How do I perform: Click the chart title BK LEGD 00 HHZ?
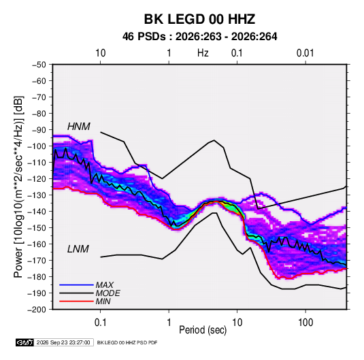coord(199,19)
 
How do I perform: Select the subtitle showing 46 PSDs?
coord(199,37)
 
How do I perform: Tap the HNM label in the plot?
coord(79,127)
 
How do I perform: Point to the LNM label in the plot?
coord(78,249)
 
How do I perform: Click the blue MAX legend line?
coord(76,285)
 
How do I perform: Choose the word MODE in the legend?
coord(107,293)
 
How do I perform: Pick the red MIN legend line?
coord(76,301)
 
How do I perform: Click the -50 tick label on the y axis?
coord(39,65)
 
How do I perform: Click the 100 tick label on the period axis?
coord(305,323)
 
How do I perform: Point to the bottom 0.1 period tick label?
coord(100,323)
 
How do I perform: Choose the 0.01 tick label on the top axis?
coord(305,53)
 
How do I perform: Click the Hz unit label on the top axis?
coord(203,53)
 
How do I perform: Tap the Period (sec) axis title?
coord(203,330)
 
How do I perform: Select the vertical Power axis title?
coord(18,186)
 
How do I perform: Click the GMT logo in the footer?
coord(24,342)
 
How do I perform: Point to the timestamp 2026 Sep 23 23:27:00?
coord(63,342)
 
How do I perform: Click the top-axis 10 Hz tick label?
coord(100,53)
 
